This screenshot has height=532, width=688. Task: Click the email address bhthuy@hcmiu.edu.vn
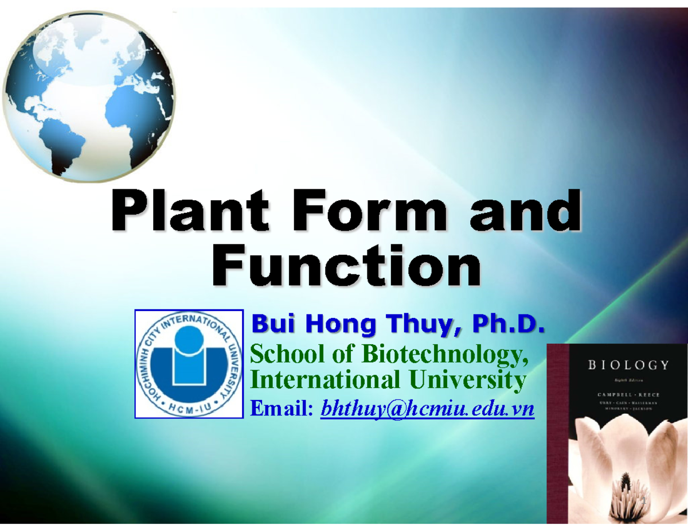427,409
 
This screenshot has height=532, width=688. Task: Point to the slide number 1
644,503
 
